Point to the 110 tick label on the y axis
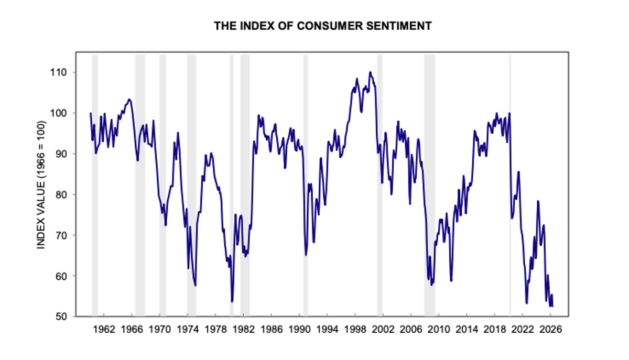point(67,72)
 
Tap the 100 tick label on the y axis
point(67,113)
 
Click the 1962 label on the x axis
point(103,330)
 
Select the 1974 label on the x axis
point(188,330)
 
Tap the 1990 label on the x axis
point(299,330)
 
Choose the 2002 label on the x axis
point(383,330)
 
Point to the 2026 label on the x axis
point(551,330)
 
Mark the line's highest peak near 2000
point(370,72)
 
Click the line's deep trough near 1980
point(232,301)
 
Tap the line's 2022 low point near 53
point(526,303)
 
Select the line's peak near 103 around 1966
point(129,99)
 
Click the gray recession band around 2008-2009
point(429,183)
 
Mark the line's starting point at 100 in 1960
point(90,113)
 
